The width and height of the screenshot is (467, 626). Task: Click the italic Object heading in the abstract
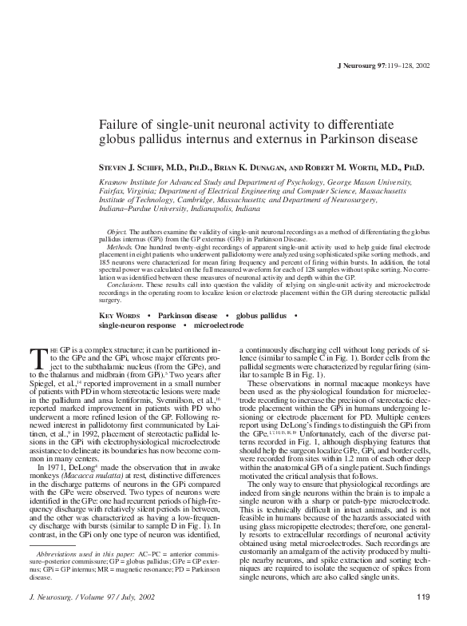[116, 230]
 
